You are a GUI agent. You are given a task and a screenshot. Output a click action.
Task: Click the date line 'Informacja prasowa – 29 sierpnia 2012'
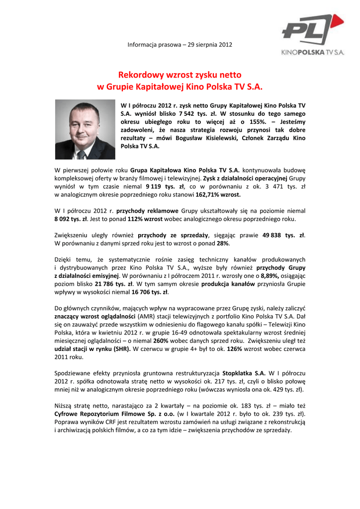[180, 45]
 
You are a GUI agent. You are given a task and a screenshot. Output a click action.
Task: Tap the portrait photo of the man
[85, 129]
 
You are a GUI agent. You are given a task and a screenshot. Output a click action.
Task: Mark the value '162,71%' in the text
[210, 194]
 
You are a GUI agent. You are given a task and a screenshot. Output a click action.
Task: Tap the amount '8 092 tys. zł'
[71, 218]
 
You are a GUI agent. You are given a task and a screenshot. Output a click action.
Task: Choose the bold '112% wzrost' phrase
[145, 218]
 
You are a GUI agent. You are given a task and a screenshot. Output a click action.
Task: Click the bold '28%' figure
[222, 243]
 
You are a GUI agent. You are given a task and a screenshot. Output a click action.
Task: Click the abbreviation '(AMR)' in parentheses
[146, 317]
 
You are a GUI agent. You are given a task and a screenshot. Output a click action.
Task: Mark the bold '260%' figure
[160, 340]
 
